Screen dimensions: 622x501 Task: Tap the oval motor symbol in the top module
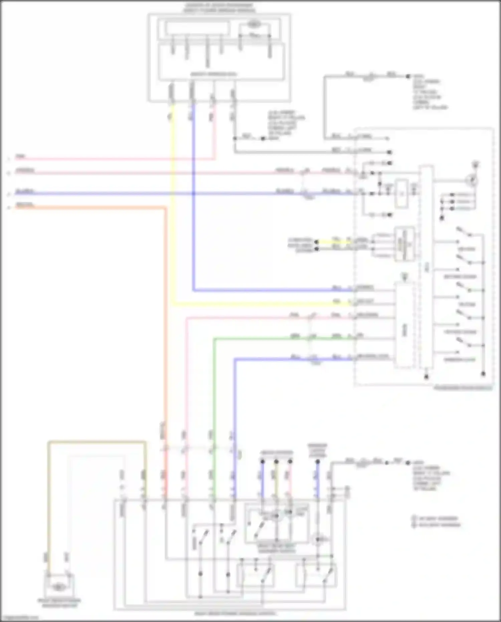(254, 24)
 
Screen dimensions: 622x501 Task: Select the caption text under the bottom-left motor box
(59, 603)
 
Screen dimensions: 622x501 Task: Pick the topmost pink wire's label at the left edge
(20, 156)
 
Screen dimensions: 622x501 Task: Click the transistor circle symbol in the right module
(472, 181)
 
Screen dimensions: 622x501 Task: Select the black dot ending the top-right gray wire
(408, 77)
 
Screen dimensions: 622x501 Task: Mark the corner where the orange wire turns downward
(165, 208)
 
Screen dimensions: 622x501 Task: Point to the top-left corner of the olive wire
(49, 442)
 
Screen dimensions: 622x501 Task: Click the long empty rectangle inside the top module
(197, 28)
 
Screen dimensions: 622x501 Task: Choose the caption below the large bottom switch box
(235, 614)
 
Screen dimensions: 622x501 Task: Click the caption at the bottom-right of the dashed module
(463, 388)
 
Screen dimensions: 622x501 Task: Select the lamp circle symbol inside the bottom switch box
(318, 539)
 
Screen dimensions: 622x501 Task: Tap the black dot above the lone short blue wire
(318, 462)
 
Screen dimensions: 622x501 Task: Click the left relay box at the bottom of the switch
(256, 575)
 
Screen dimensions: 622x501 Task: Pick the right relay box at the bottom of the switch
(316, 575)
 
